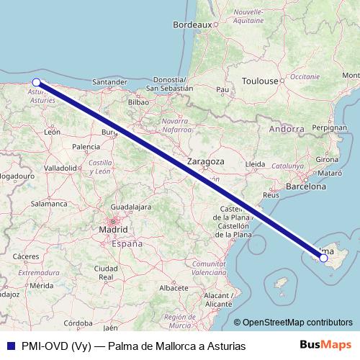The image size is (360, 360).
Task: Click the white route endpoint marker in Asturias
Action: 36,82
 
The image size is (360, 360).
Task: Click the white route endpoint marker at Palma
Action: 323,258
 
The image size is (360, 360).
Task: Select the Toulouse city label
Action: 260,81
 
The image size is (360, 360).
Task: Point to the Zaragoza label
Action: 206,161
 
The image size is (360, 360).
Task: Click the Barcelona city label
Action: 307,186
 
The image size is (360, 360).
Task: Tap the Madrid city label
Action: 113,230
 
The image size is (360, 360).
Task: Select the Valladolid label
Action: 61,168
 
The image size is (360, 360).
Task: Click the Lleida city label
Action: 256,164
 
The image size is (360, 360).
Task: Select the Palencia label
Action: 86,146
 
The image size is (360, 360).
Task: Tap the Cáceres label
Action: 25,256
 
